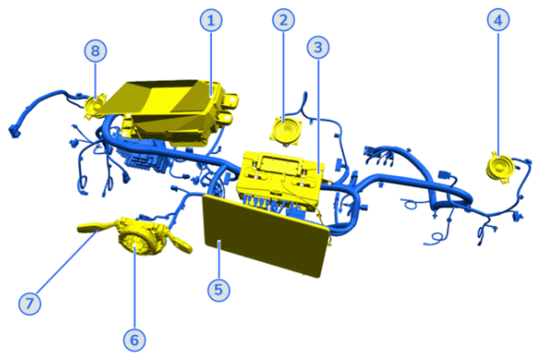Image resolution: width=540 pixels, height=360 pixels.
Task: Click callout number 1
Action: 211,21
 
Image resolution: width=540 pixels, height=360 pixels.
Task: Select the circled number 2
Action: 284,20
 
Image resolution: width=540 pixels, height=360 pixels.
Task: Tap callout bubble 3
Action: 318,49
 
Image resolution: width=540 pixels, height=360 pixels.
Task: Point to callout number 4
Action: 499,21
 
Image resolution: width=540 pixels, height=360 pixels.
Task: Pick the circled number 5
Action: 218,290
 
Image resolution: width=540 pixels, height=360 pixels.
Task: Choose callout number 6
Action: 134,339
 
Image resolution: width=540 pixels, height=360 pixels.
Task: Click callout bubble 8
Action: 95,51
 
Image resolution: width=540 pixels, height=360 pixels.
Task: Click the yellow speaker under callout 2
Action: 284,131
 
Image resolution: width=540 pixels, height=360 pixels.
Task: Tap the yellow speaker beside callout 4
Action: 499,165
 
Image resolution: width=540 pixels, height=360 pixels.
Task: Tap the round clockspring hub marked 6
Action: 137,240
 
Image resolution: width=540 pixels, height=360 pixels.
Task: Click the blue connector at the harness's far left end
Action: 14,133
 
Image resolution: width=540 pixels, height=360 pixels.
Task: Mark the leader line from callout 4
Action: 499,88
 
